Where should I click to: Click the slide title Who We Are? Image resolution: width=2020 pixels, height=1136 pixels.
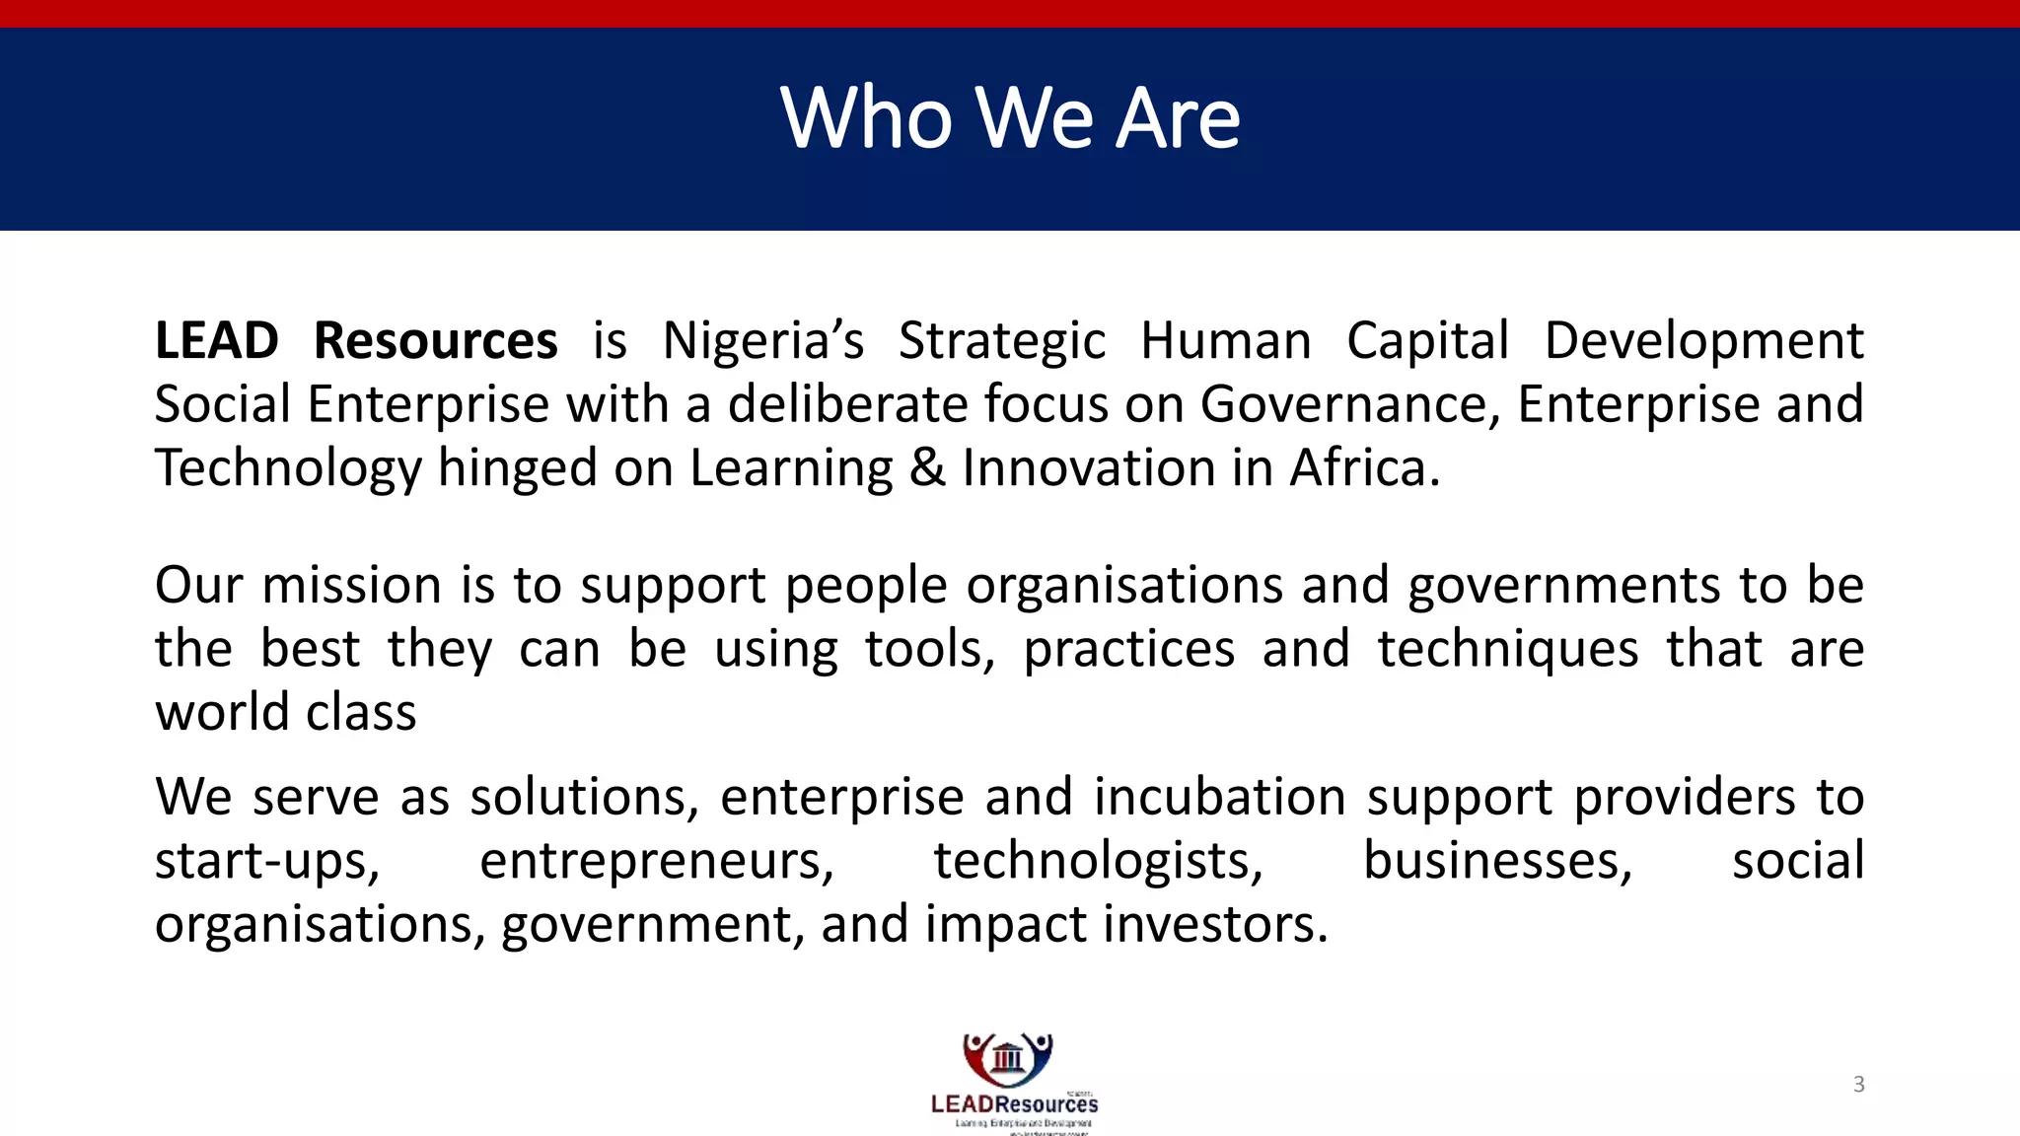click(1010, 118)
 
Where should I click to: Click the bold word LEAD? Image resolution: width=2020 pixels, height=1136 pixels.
click(217, 341)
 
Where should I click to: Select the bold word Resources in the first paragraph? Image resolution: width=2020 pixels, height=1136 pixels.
click(435, 341)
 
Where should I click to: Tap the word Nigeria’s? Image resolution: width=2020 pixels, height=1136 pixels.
click(762, 341)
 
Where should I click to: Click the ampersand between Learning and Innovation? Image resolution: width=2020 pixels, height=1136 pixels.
click(927, 467)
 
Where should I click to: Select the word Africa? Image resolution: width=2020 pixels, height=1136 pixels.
click(1364, 467)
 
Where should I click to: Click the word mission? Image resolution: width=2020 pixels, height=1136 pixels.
click(351, 586)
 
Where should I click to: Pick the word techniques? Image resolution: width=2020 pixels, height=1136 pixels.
click(1508, 650)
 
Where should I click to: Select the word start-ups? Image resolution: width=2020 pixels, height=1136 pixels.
click(267, 861)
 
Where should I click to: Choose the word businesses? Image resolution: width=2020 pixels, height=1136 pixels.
click(1497, 861)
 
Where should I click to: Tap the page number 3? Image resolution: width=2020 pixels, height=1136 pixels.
click(1858, 1085)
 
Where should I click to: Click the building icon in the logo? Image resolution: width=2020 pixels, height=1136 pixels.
click(1008, 1058)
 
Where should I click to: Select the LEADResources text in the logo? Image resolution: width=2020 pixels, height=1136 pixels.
click(1014, 1104)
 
